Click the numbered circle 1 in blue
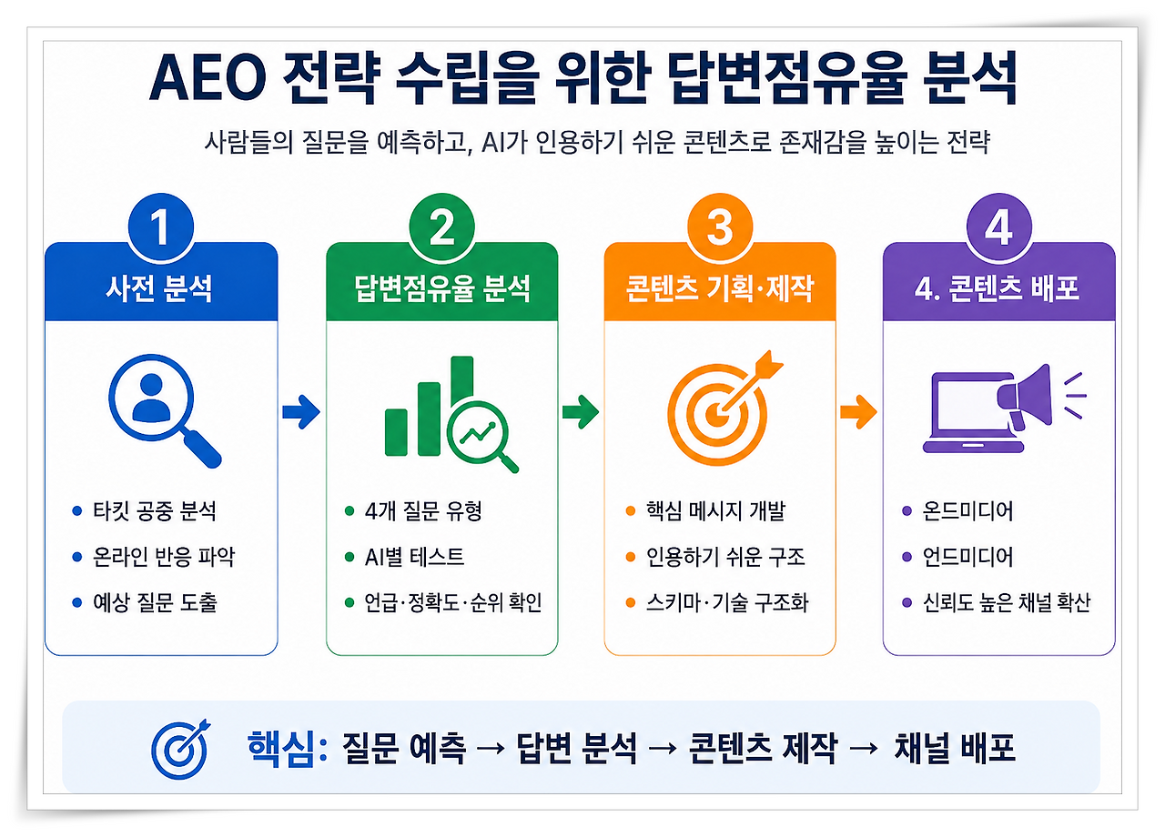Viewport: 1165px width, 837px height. [x=161, y=227]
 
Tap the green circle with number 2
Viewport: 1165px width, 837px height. [x=441, y=227]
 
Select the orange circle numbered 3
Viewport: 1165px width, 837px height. [x=720, y=227]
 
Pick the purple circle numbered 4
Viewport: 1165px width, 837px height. [x=998, y=227]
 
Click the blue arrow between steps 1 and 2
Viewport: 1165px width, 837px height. [x=301, y=412]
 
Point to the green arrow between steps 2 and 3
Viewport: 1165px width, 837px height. [x=581, y=412]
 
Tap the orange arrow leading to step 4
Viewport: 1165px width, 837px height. [x=858, y=412]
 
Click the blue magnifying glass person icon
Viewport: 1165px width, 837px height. [x=165, y=410]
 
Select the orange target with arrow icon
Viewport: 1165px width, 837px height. [x=724, y=408]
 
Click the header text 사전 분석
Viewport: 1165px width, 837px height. [x=159, y=288]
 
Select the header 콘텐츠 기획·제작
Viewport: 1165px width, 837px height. [x=719, y=288]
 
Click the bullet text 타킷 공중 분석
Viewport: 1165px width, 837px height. [x=155, y=511]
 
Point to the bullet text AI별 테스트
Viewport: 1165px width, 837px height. [x=414, y=557]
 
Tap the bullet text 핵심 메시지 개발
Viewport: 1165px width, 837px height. [x=715, y=511]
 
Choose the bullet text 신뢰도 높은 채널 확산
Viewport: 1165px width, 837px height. [x=1007, y=602]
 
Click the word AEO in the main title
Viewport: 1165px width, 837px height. [x=208, y=78]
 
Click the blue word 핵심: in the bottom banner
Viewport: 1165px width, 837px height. [x=287, y=749]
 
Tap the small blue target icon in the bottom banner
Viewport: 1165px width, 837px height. [x=180, y=749]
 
